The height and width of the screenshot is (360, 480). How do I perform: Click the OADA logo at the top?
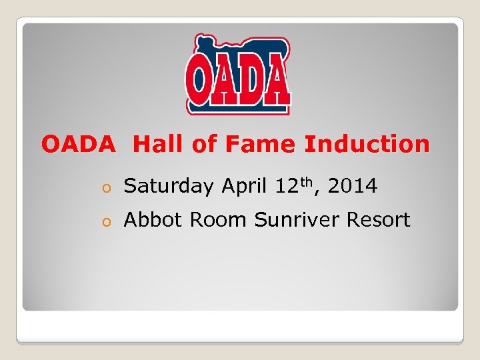(x=238, y=75)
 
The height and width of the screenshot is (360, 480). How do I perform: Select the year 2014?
(x=353, y=187)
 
